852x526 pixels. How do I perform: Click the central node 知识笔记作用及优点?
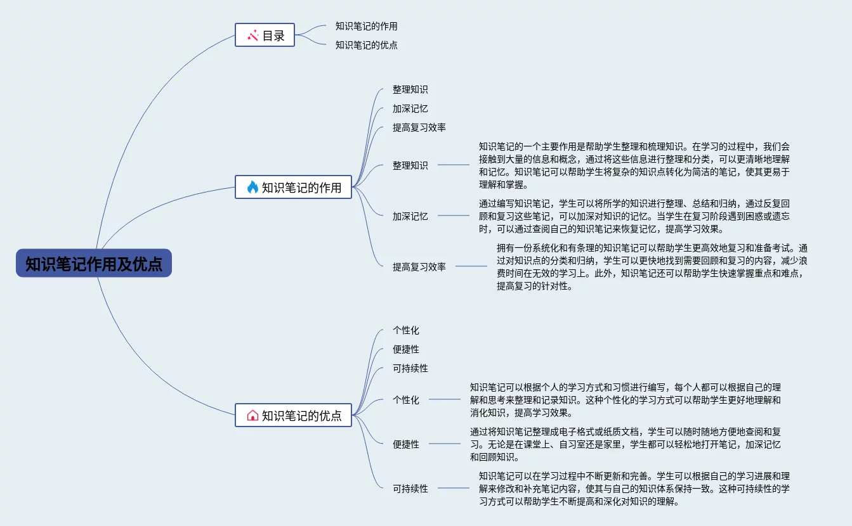[94, 263]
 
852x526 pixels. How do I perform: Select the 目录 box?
[265, 35]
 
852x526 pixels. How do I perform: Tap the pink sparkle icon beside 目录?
[252, 35]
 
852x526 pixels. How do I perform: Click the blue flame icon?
[252, 187]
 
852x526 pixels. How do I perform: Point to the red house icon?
[252, 415]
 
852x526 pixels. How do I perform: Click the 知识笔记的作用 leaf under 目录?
[366, 27]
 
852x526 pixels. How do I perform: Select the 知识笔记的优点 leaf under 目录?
[366, 46]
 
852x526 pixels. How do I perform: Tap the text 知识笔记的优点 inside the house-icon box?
[301, 416]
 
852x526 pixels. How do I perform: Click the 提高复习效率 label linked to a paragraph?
[419, 267]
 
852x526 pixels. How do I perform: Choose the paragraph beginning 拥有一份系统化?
[652, 267]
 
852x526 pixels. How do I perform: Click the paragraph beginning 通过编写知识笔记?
[634, 216]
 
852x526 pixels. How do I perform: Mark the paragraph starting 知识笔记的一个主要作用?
[634, 165]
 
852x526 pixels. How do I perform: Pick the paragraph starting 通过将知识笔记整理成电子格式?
[625, 444]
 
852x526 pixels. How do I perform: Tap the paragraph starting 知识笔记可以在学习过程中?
[634, 489]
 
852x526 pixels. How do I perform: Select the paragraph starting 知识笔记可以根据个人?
[625, 400]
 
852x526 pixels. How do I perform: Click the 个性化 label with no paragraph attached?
[405, 331]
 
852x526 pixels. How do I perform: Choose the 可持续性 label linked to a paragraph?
[410, 489]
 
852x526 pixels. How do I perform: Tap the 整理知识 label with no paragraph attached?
[410, 90]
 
